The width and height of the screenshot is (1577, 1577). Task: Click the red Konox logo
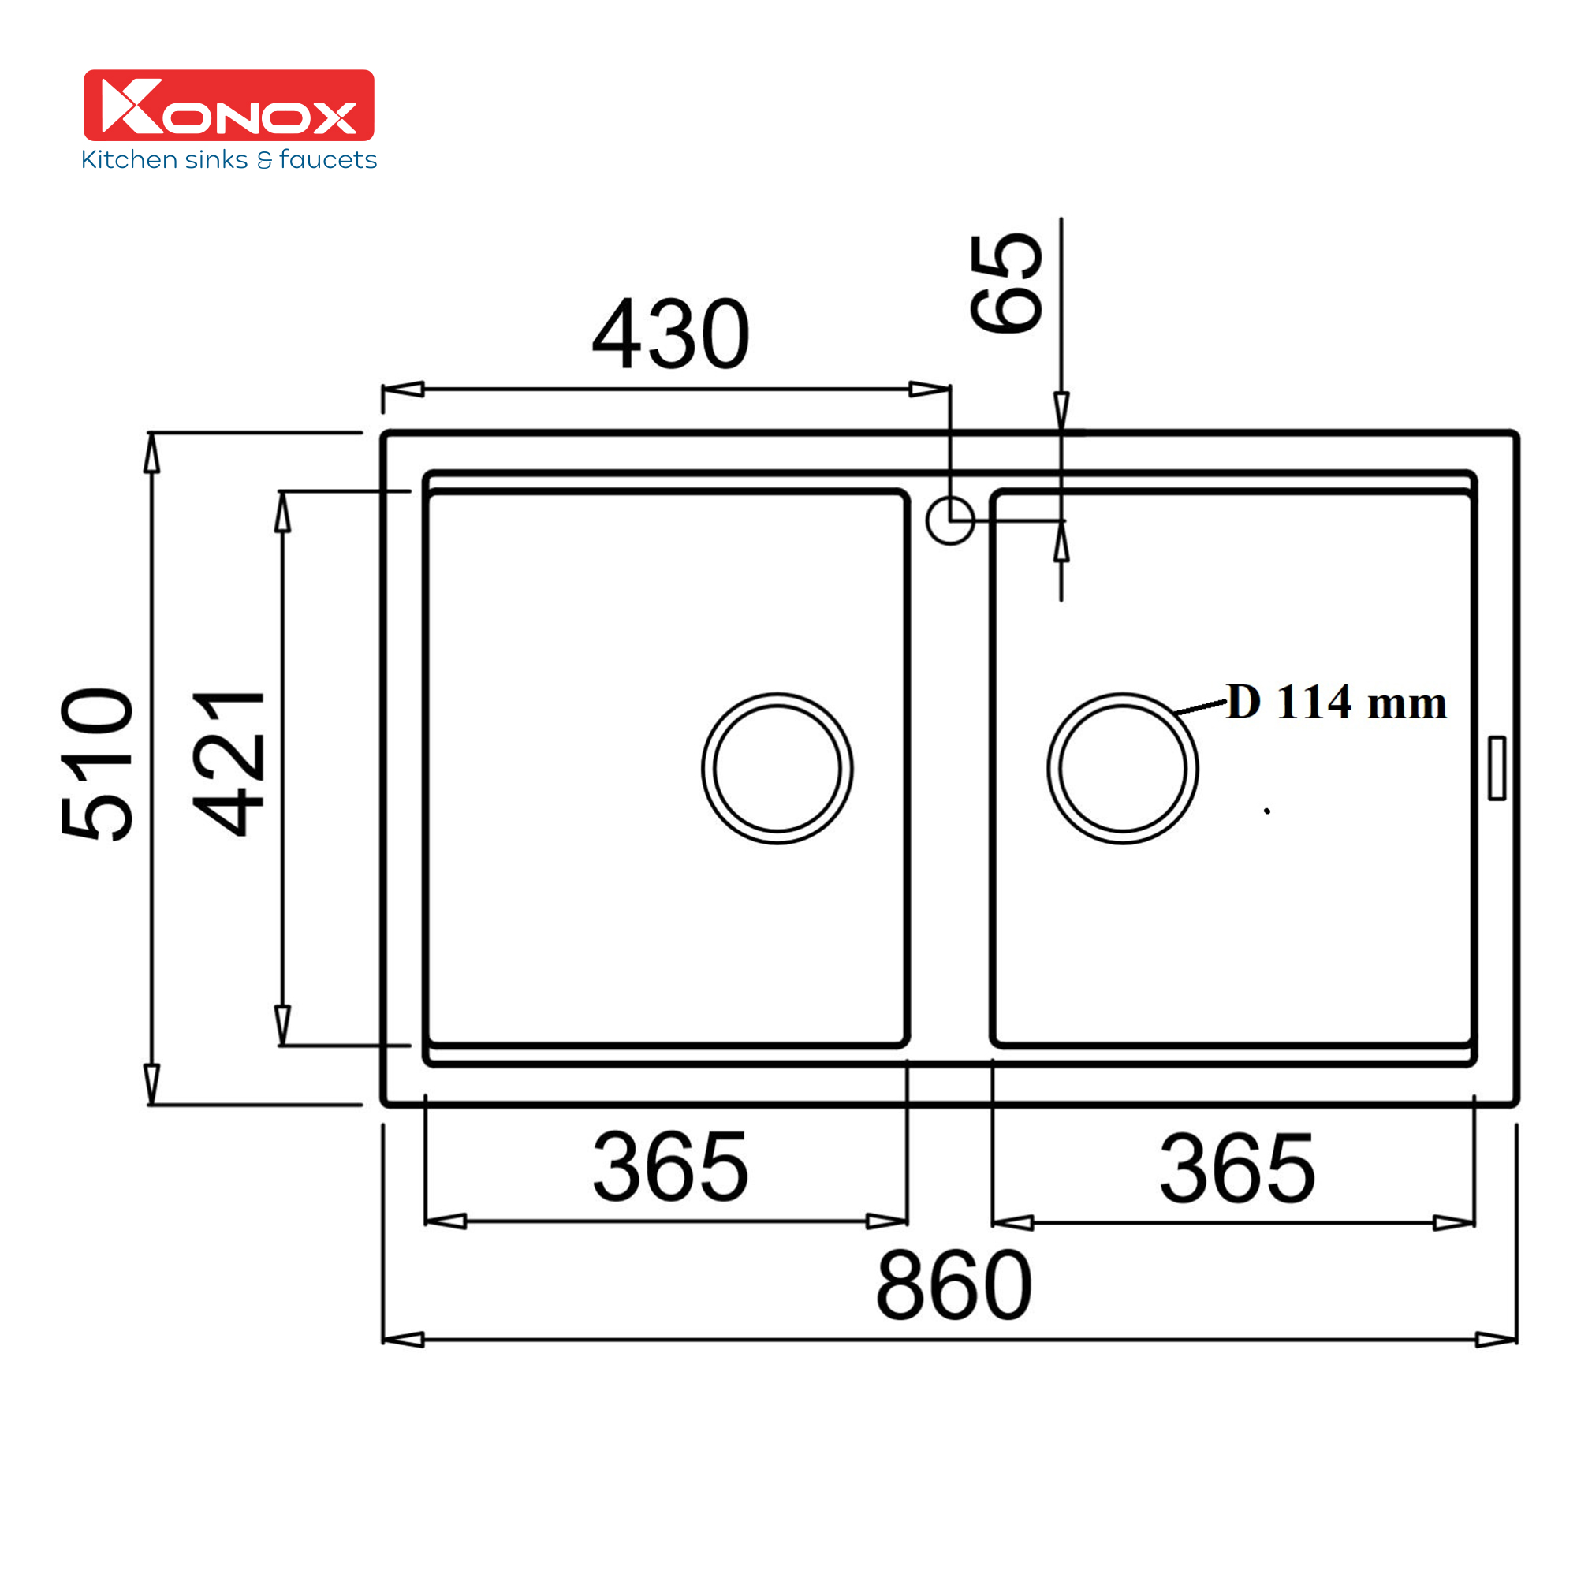point(229,106)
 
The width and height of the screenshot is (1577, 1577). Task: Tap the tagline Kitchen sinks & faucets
point(229,160)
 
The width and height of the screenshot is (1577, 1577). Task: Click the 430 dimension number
point(670,334)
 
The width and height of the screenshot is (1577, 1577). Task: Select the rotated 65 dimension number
point(1005,283)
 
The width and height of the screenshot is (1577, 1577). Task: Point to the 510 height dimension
point(97,764)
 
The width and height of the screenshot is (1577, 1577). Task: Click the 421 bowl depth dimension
point(229,764)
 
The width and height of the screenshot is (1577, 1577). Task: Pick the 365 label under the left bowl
point(670,1167)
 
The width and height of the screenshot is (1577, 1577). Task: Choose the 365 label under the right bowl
point(1237,1169)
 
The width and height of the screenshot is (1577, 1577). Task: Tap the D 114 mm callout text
point(1337,702)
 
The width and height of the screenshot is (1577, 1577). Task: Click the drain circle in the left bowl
point(777,769)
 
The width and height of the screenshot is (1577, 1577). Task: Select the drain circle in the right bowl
point(1122,769)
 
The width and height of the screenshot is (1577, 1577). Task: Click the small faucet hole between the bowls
point(950,520)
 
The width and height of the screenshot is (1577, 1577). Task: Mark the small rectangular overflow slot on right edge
point(1497,768)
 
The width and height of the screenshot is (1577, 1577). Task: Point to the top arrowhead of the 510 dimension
point(152,454)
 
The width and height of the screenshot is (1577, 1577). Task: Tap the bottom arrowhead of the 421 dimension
point(282,1024)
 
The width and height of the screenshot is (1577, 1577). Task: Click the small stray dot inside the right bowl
point(1267,811)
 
